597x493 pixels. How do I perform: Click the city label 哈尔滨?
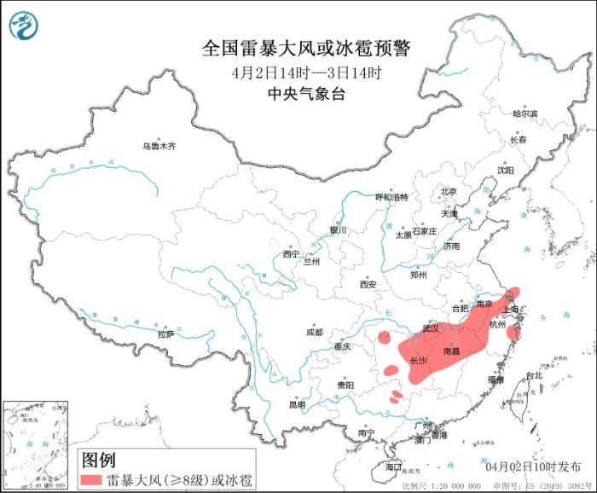525,113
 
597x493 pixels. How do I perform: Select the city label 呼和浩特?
392,197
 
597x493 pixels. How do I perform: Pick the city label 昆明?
297,404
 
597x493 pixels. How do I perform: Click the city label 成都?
314,332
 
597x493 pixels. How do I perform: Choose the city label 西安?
368,284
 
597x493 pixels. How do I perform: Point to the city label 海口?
393,467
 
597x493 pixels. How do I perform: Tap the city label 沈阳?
506,170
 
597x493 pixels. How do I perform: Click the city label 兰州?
310,262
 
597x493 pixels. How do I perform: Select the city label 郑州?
418,275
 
